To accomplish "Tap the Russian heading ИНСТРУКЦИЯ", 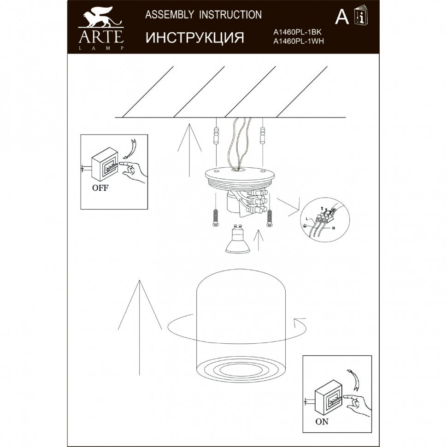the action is [x=195, y=37].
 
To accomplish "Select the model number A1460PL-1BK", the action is [x=297, y=33].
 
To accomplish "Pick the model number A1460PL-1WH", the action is [x=299, y=41].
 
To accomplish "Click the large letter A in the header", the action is [x=342, y=17].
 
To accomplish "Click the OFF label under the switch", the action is [x=100, y=188].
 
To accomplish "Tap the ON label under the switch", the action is [x=322, y=421].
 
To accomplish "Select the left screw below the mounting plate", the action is [x=216, y=218].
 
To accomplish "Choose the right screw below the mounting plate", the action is [x=269, y=218].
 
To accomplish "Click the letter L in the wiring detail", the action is [x=306, y=219].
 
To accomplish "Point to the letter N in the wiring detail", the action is [x=333, y=229].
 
